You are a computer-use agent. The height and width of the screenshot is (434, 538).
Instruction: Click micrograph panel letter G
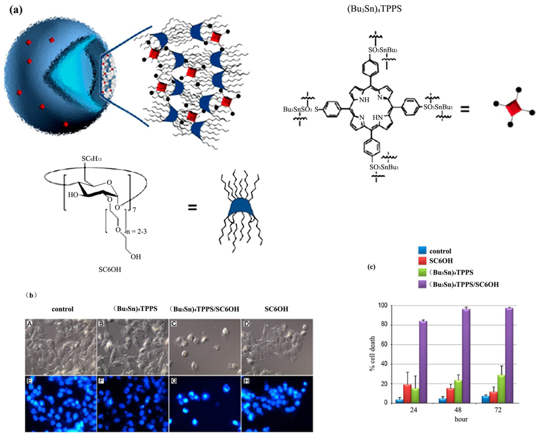(x=173, y=380)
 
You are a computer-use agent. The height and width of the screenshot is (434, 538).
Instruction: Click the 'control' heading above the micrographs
(x=59, y=309)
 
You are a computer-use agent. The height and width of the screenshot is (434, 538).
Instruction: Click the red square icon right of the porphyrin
(x=513, y=110)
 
